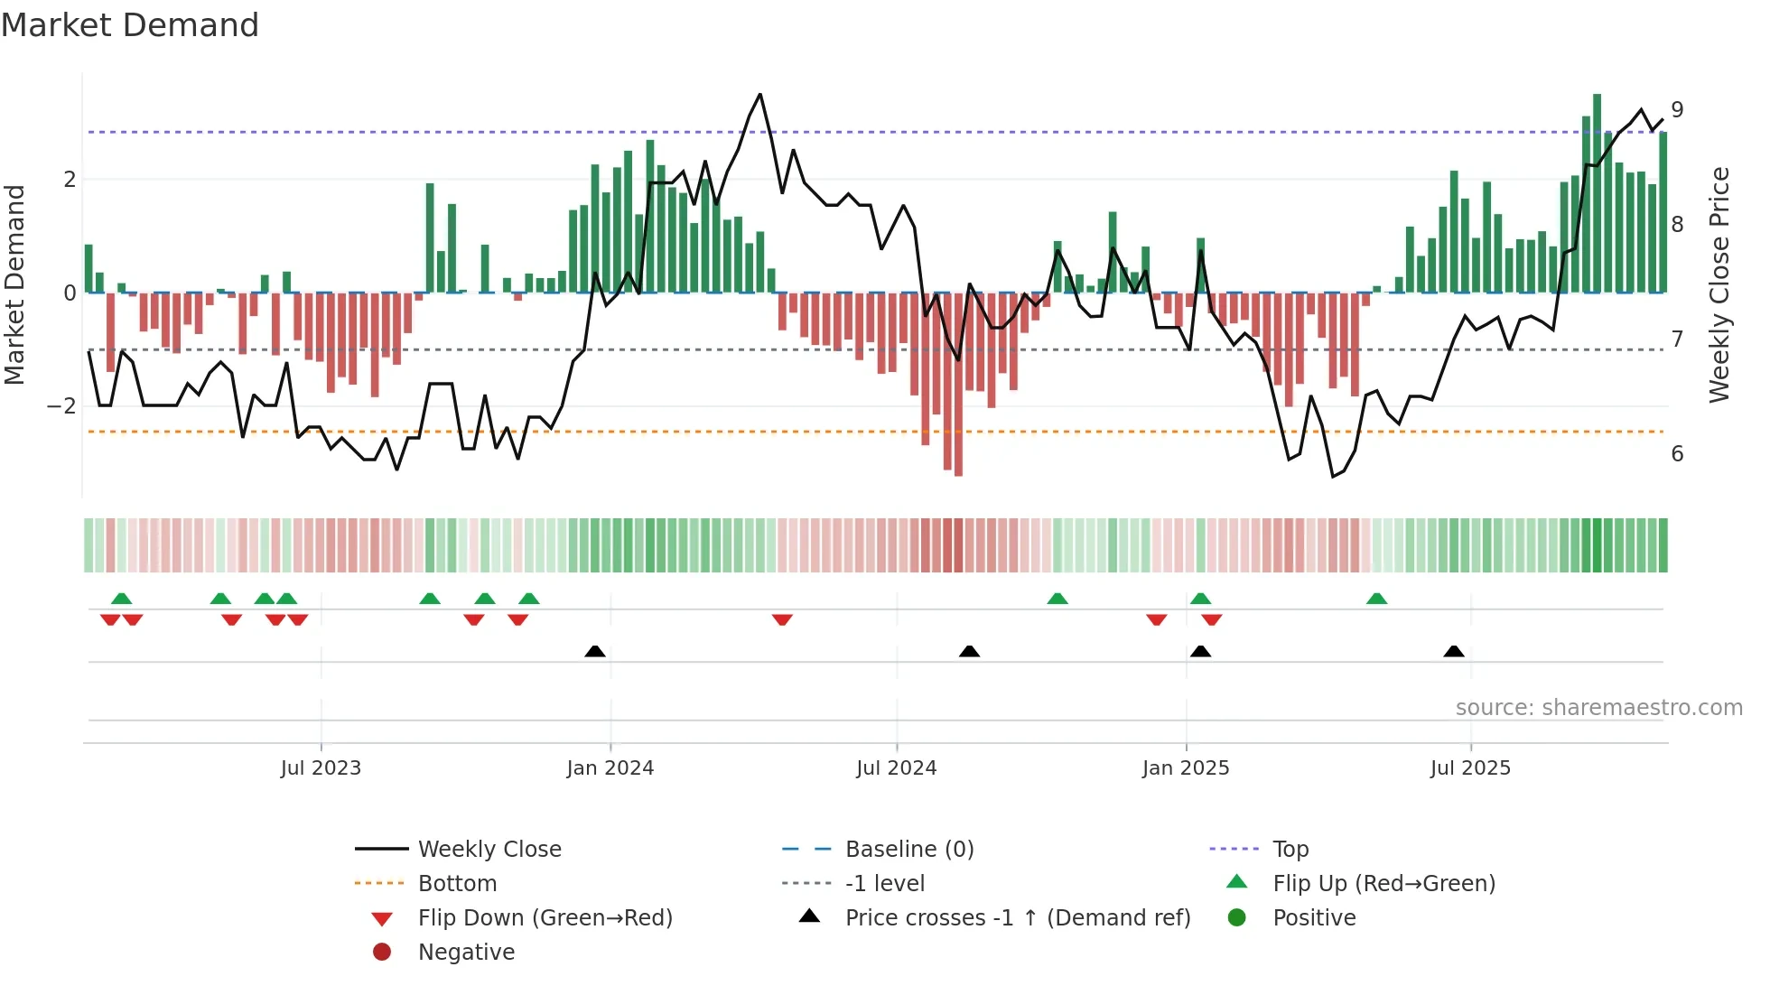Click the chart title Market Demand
pos(130,25)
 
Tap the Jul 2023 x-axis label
pos(321,768)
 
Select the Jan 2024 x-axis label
pos(610,768)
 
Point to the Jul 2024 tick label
pos(897,768)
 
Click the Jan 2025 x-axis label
pos(1186,768)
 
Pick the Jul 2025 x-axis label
pos(1470,768)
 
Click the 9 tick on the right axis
pos(1677,110)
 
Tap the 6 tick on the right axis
pos(1677,454)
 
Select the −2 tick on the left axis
pos(62,406)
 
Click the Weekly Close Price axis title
pos(1719,284)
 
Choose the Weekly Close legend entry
pos(489,850)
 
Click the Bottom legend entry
pos(457,884)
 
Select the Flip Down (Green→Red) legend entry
pos(545,918)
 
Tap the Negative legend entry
pos(466,953)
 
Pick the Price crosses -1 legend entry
pos(1017,918)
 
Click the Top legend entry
pos(1290,850)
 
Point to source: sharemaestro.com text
pos(1598,708)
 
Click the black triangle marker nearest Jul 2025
pos(1454,651)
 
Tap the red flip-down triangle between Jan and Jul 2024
pos(782,619)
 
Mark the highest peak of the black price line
pos(760,95)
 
